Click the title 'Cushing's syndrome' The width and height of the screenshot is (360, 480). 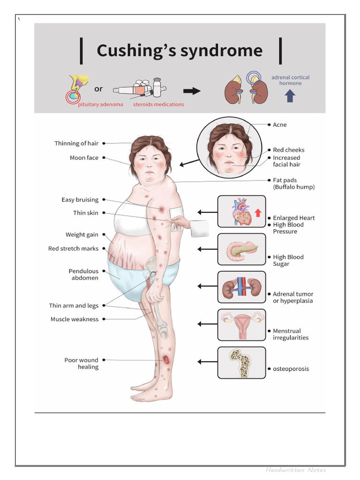point(180,51)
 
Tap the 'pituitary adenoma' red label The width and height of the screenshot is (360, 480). point(100,105)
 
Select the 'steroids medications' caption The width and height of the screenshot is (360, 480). point(158,105)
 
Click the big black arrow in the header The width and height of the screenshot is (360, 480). point(192,91)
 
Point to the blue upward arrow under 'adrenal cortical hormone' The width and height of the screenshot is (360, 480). point(290,96)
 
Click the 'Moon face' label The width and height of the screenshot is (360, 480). point(84,158)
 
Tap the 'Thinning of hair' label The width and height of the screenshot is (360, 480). point(76,143)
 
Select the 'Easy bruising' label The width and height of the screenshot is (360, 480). point(80,200)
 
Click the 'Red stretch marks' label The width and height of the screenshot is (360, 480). point(73,248)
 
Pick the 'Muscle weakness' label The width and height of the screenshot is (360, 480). point(75,319)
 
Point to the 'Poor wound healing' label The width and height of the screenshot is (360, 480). point(82,363)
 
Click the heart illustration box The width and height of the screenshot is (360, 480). point(241,211)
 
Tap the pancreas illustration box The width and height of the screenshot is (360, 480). point(241,249)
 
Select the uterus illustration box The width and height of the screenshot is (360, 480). point(241,324)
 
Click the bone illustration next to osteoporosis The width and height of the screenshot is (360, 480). point(241,362)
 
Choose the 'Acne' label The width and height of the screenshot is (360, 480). point(280,125)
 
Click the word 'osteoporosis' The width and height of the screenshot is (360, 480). point(291,369)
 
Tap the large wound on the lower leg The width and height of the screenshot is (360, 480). point(167,360)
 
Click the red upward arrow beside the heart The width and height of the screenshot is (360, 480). point(257,213)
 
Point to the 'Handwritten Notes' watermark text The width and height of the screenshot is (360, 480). point(295,470)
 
